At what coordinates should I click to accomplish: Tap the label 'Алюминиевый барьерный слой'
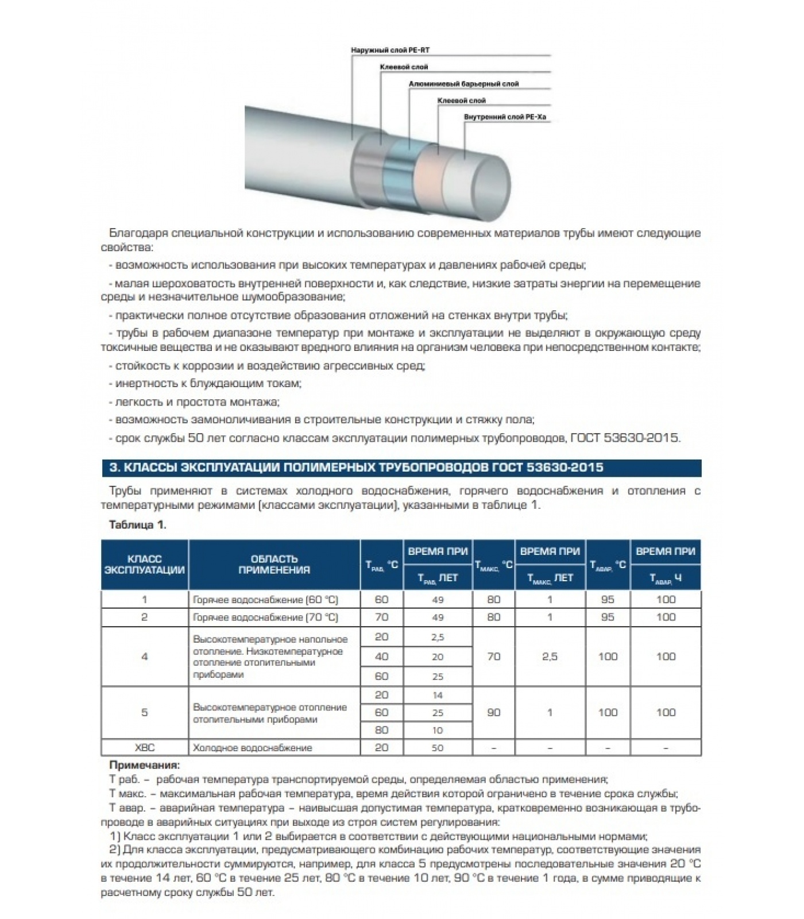(x=463, y=84)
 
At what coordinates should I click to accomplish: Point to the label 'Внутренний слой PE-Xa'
(x=505, y=117)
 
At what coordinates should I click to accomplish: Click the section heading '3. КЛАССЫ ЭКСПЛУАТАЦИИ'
(x=356, y=468)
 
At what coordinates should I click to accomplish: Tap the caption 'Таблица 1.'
(x=137, y=524)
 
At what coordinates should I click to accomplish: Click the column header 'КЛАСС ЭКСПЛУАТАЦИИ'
(x=144, y=564)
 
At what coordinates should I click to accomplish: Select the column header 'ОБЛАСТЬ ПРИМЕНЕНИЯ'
(x=274, y=564)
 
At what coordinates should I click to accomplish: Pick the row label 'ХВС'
(x=144, y=747)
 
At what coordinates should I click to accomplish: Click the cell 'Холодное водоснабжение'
(x=253, y=748)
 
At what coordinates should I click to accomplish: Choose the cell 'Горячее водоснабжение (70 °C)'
(x=266, y=617)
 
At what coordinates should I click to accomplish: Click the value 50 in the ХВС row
(x=438, y=748)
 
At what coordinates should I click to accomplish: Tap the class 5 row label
(x=144, y=712)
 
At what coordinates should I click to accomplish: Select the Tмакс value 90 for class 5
(x=493, y=712)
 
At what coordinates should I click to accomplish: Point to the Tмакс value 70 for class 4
(x=493, y=656)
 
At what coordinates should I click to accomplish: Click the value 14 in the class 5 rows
(x=438, y=695)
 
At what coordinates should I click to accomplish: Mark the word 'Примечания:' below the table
(x=144, y=765)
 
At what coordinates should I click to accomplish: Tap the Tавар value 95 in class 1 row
(x=607, y=600)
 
